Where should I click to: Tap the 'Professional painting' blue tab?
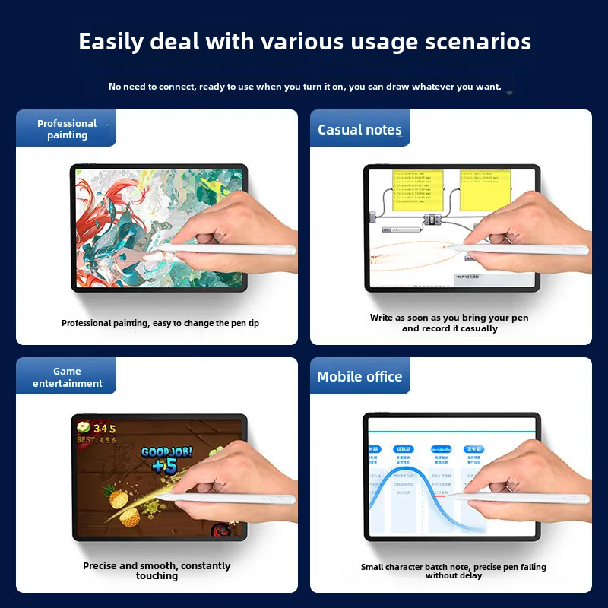pos(67,129)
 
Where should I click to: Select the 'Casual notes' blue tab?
pos(359,130)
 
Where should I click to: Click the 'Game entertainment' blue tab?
pos(67,377)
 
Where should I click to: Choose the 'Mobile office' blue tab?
pos(359,376)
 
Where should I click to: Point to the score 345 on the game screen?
pos(104,429)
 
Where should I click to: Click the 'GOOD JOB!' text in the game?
pos(166,451)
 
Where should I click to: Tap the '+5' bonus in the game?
pos(163,466)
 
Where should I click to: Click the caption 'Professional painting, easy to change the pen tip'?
pos(160,323)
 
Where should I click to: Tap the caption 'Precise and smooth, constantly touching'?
pos(157,571)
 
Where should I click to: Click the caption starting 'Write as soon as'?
pos(449,323)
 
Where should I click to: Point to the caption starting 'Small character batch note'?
pos(453,572)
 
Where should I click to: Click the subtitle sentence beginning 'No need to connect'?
pos(305,87)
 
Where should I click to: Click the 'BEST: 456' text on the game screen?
pos(97,440)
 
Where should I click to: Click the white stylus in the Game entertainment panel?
pos(236,499)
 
